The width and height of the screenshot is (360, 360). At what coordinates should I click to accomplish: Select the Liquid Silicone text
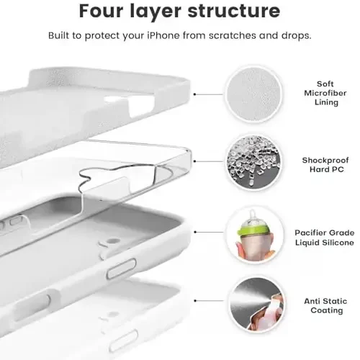click(x=325, y=243)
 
